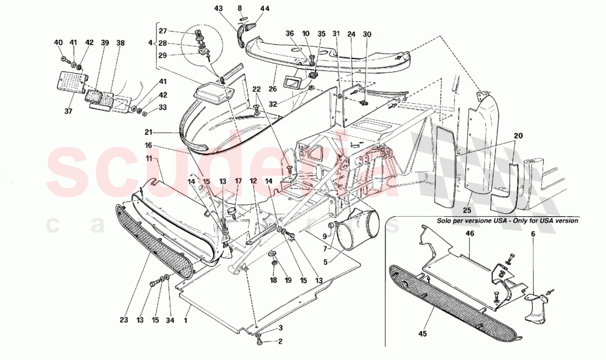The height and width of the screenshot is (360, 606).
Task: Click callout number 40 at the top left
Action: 59,42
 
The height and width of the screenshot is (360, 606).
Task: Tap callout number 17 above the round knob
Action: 238,181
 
